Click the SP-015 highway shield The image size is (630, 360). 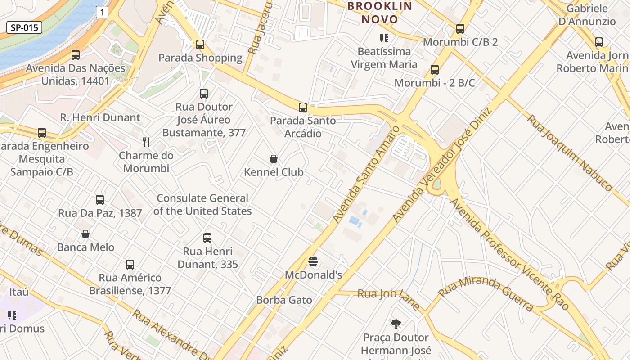click(24, 27)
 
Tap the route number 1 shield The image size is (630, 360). click(102, 12)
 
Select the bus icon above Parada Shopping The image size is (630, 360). click(200, 44)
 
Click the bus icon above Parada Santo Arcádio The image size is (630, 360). click(303, 107)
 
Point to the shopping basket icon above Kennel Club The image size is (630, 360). click(273, 158)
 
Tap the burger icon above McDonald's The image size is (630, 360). click(314, 261)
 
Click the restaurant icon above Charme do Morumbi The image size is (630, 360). click(146, 142)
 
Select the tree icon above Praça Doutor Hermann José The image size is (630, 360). click(396, 324)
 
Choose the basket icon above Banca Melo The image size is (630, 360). click(85, 234)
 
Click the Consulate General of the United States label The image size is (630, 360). click(202, 205)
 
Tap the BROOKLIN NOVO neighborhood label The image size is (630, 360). click(380, 13)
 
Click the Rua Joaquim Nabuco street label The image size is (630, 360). click(569, 153)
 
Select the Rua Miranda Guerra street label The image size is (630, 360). click(486, 294)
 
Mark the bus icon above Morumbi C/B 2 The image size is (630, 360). click(460, 29)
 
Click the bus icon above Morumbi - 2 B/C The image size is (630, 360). click(435, 70)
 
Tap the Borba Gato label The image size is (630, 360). click(284, 300)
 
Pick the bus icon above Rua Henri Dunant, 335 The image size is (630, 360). click(207, 238)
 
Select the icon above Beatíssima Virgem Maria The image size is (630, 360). click(384, 38)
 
